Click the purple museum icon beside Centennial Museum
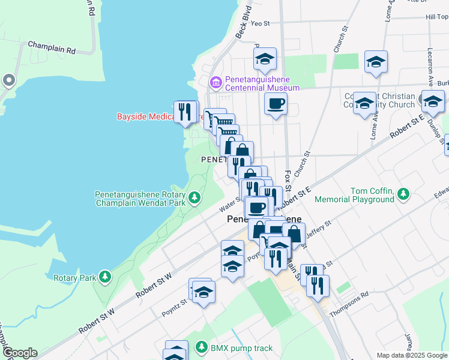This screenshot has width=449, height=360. coord(214,82)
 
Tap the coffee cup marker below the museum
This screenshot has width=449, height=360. coord(276,104)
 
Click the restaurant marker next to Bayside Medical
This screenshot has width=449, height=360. coord(184,111)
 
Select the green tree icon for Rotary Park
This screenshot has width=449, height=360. coord(105,277)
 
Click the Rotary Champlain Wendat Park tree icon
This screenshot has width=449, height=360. coord(194,197)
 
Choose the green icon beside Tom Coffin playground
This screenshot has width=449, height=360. coord(403,193)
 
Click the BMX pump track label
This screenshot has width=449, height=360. coord(241,348)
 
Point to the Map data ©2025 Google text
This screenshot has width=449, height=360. coord(412,355)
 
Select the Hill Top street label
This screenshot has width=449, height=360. coord(436,17)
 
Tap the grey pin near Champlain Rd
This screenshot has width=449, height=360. coord(8,80)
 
